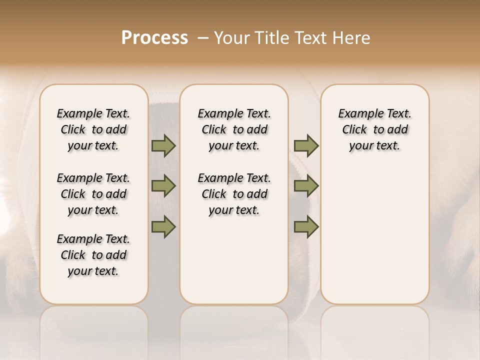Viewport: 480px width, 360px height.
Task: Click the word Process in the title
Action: [x=154, y=38]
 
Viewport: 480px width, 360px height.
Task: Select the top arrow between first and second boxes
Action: [x=163, y=146]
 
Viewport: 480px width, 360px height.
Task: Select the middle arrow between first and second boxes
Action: [x=163, y=186]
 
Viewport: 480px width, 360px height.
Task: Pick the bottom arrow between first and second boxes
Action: [x=163, y=227]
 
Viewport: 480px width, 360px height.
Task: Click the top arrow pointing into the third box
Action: [x=306, y=146]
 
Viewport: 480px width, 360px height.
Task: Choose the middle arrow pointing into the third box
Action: [x=306, y=186]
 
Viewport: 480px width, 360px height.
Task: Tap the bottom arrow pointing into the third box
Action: [x=306, y=227]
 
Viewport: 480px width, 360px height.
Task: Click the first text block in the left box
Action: [x=93, y=129]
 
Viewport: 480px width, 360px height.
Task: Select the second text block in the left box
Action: [x=93, y=194]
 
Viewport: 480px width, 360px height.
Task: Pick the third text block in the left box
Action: [x=93, y=255]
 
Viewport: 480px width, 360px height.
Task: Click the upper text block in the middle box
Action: [x=234, y=129]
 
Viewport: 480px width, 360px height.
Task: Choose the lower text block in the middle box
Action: [x=234, y=194]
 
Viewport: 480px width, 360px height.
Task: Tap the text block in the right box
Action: [x=375, y=129]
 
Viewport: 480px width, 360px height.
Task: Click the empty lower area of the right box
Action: [x=375, y=235]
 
